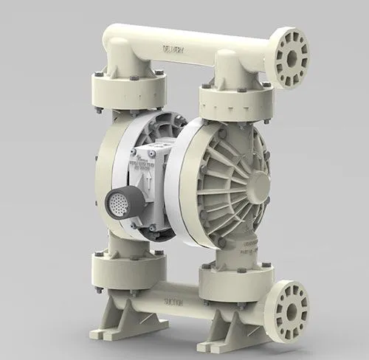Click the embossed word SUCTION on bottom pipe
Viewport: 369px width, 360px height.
click(173, 302)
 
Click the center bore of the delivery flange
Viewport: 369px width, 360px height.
click(291, 57)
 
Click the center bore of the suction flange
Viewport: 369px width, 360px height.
click(289, 311)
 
